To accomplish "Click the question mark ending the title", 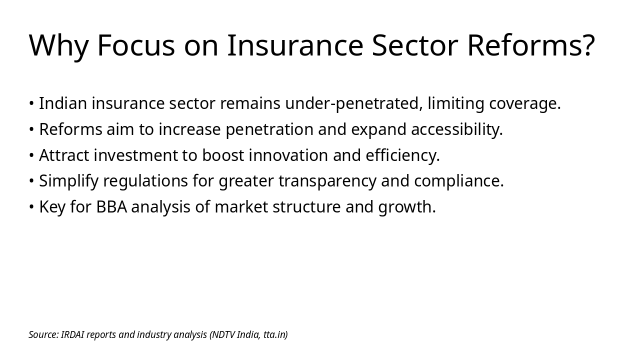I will point(588,45).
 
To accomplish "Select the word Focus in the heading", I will point(136,45).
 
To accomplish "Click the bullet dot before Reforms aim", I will point(31,129).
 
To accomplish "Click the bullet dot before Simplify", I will point(31,181).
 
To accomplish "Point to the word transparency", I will point(327,181).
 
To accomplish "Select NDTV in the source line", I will point(223,334).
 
